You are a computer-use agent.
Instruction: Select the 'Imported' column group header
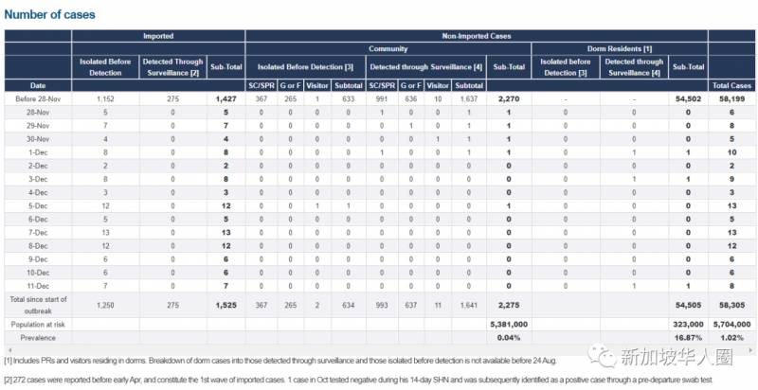coord(157,36)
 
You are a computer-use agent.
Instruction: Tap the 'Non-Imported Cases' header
coord(476,36)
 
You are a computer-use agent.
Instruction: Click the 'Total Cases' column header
coord(731,85)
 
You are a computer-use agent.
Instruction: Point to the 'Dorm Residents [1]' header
coord(620,48)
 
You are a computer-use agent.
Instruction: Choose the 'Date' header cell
coord(38,85)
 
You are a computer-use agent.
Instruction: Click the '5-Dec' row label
coord(38,205)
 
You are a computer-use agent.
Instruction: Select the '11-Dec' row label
coord(38,285)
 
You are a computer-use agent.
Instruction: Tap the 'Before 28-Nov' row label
coord(38,98)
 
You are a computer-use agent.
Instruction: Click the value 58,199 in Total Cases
coord(731,98)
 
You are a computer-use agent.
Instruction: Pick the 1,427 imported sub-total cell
coord(226,98)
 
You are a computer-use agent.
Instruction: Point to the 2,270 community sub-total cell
coord(509,98)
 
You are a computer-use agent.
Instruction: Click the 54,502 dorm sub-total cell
coord(684,98)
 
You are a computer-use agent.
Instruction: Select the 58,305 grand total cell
coord(731,306)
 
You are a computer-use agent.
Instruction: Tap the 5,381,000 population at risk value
coord(509,324)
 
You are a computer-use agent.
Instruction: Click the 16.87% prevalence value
coord(684,337)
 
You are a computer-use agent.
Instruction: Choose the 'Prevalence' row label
coord(38,337)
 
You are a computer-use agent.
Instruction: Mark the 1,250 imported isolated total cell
coord(105,306)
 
